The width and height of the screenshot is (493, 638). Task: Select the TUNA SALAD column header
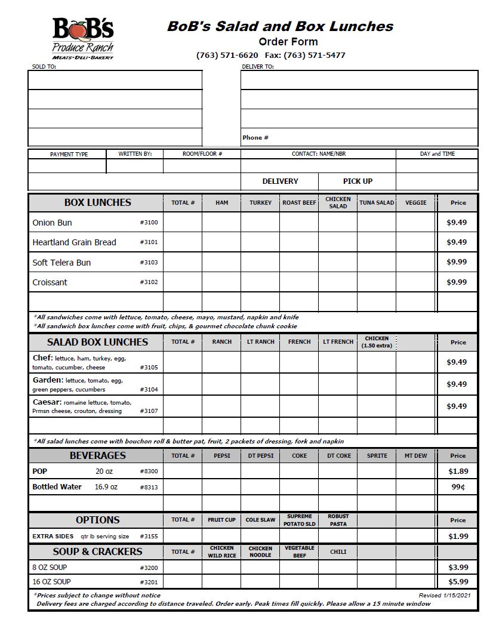point(377,203)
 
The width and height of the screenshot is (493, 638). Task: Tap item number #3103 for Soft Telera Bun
point(149,263)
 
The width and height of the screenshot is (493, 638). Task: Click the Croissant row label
point(50,282)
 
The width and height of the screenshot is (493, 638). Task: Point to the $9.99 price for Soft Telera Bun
point(457,262)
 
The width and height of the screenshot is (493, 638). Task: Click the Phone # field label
point(255,138)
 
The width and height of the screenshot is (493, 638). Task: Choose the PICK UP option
point(358,181)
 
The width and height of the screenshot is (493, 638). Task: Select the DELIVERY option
point(280,181)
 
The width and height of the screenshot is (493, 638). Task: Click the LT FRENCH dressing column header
point(338,342)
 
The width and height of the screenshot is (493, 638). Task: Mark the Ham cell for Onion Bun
point(221,223)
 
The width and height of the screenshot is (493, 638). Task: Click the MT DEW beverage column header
point(415,456)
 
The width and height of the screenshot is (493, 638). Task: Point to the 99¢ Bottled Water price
point(458,487)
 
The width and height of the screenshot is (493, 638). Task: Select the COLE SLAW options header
point(260,520)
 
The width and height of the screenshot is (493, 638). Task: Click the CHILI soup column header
point(338,552)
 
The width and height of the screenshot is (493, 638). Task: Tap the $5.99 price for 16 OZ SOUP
point(458,582)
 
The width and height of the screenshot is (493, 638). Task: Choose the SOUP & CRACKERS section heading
point(97,551)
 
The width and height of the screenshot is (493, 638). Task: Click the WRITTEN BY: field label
point(135,154)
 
